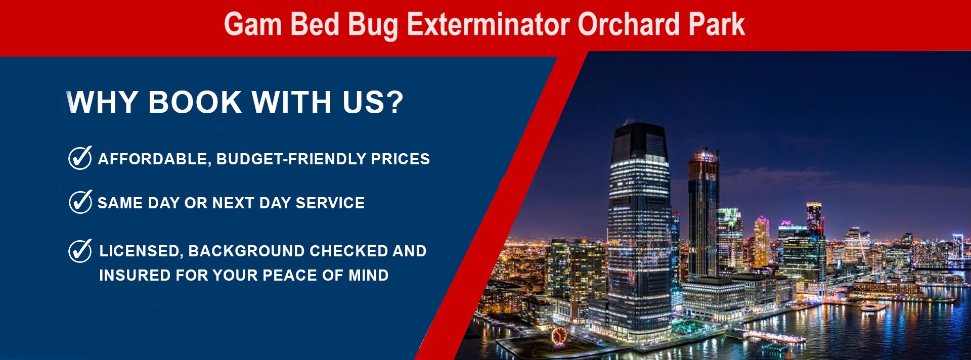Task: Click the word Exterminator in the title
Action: click(x=488, y=24)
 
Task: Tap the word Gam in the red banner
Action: click(x=253, y=24)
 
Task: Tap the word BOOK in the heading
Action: click(x=195, y=102)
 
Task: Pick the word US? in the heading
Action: click(x=373, y=102)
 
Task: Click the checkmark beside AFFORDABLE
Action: click(x=80, y=158)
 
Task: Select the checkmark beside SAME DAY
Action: click(x=80, y=202)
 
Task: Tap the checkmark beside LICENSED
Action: click(x=80, y=251)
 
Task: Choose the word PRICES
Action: click(x=401, y=159)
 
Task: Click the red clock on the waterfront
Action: click(x=558, y=335)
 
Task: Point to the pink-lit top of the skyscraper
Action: click(x=762, y=221)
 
